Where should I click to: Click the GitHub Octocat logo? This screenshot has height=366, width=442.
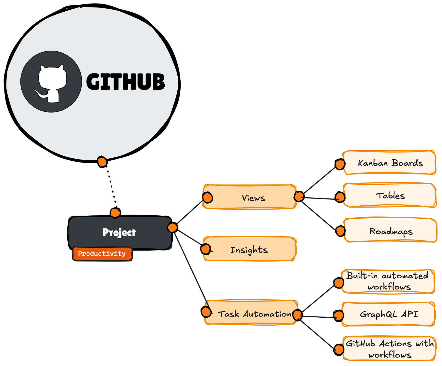[51, 82]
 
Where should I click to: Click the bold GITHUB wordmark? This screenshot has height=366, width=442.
[126, 82]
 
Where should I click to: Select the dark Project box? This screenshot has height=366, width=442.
[120, 233]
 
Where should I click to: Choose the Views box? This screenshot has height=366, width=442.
[249, 197]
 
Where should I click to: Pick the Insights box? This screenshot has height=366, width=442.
[249, 249]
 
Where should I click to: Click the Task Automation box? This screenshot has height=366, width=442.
[251, 312]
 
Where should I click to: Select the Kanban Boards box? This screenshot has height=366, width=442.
[389, 163]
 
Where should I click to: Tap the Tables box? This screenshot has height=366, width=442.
[390, 195]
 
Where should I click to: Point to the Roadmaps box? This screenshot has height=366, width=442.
[390, 230]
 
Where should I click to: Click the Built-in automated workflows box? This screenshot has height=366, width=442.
[388, 281]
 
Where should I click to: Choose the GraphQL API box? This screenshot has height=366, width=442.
[388, 314]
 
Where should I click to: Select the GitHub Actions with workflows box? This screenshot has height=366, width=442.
[389, 349]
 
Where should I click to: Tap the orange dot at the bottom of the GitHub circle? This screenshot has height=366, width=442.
[102, 162]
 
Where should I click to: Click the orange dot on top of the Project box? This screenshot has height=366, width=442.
[115, 213]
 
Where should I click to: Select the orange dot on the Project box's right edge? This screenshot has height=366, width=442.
[172, 228]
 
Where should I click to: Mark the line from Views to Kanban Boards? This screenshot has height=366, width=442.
[319, 180]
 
